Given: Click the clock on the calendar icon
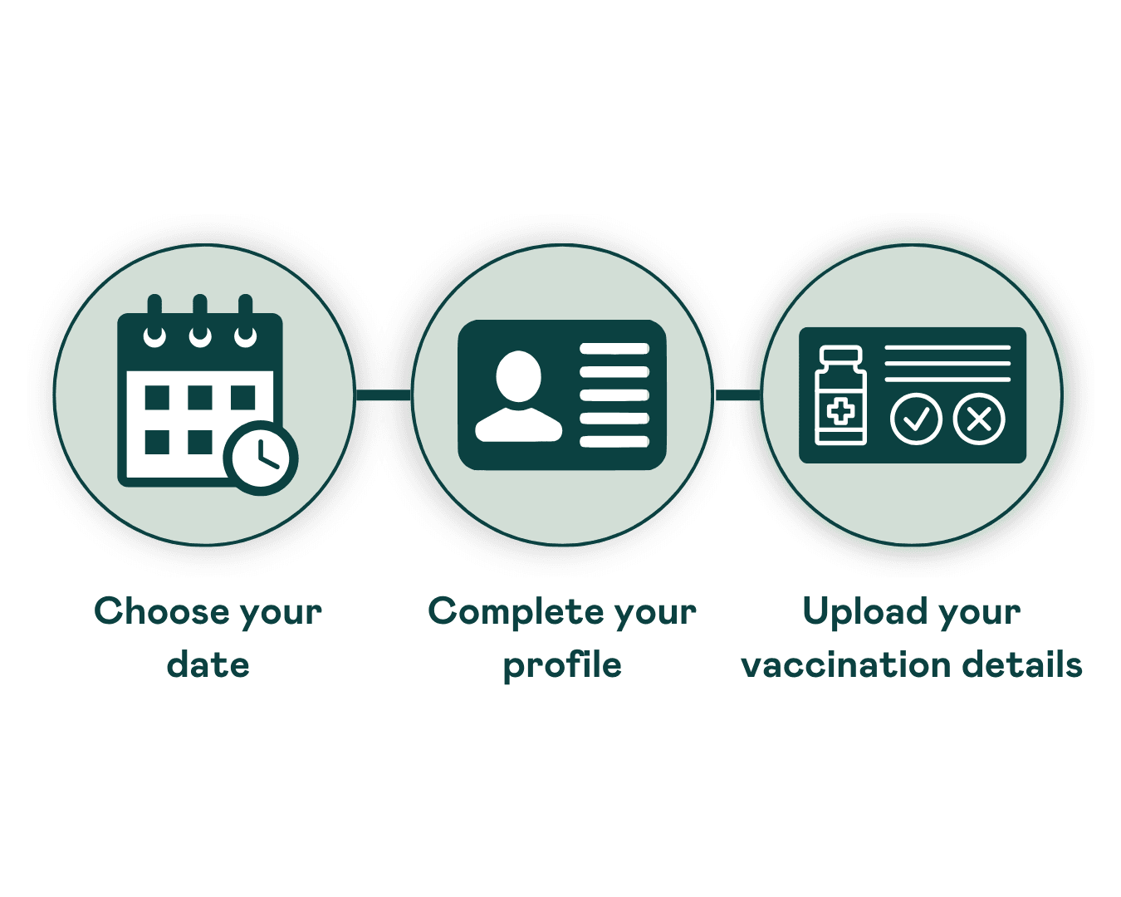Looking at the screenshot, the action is click(261, 458).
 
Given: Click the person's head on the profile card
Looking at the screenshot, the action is click(518, 375).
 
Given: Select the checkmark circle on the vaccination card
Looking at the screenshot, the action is click(916, 419).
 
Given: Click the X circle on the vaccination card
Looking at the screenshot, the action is click(979, 419).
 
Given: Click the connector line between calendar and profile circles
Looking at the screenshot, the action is click(384, 395).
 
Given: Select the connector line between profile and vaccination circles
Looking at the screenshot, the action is click(737, 395).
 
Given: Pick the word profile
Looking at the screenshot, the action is click(563, 665).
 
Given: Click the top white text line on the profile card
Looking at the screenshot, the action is click(614, 349).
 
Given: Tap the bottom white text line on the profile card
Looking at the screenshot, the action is click(614, 442).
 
